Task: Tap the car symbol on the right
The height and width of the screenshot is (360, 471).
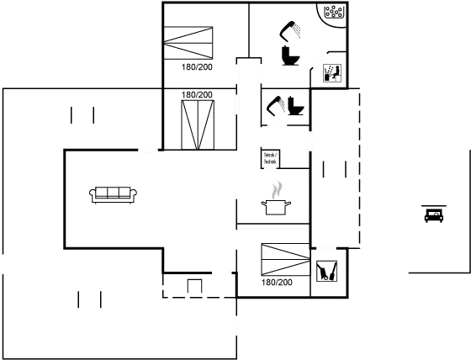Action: click(x=434, y=214)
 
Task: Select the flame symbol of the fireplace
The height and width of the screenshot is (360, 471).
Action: click(x=275, y=192)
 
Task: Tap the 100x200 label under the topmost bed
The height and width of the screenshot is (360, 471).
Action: click(x=198, y=66)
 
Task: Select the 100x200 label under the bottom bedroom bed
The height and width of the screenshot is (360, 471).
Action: click(x=277, y=283)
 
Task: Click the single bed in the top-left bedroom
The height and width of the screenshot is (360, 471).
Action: click(x=189, y=41)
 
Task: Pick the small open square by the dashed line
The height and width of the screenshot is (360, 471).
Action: click(x=194, y=287)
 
